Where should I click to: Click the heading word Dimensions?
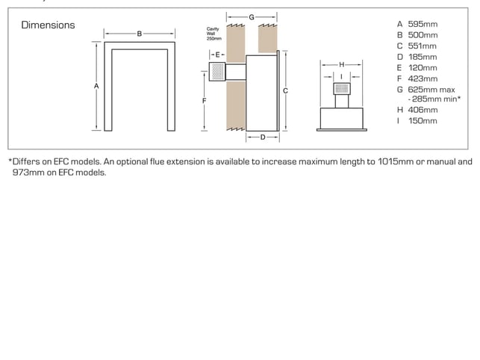coord(48,25)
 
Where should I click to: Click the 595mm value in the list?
coord(423,24)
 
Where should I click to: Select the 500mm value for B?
coord(423,35)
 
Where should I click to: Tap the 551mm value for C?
coord(422,46)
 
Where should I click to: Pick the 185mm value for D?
coord(423,57)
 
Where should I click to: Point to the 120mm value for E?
coord(423,68)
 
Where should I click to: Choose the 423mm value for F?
coord(423,78)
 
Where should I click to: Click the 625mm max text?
coord(431,90)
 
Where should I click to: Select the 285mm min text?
coord(434,99)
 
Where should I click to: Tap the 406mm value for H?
coord(423,110)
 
